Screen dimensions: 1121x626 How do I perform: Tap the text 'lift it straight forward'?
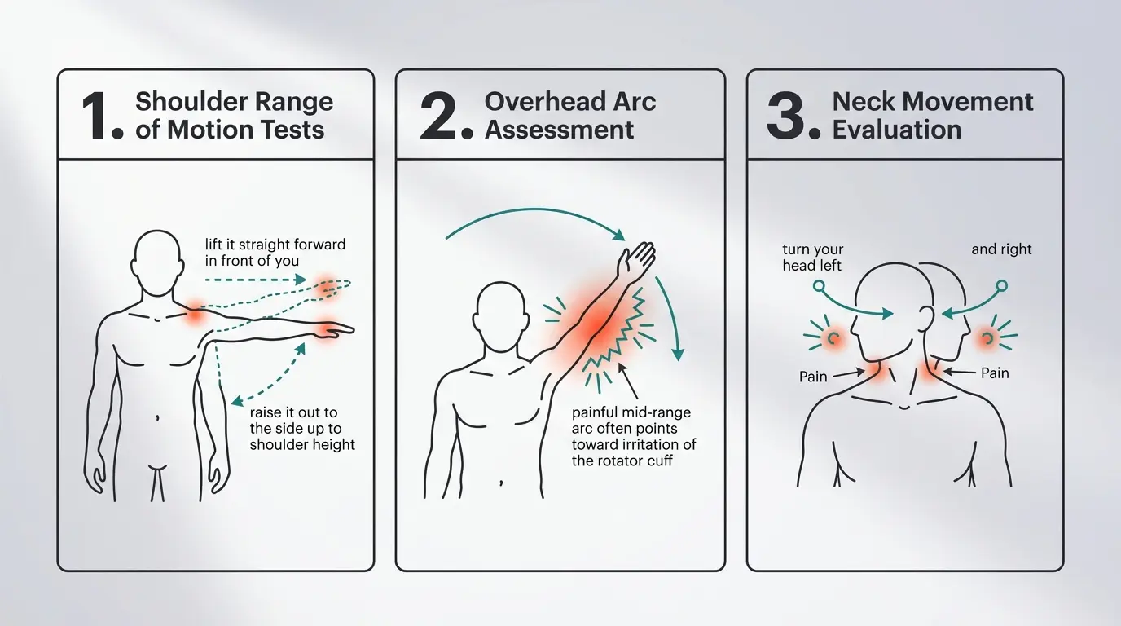pyautogui.click(x=275, y=245)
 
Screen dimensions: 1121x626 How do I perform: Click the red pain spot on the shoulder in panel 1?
pyautogui.click(x=195, y=315)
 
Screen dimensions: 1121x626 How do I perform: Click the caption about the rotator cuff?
pyautogui.click(x=634, y=436)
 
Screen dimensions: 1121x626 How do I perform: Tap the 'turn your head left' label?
pyautogui.click(x=813, y=257)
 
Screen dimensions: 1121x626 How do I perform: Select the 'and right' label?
pyautogui.click(x=1001, y=249)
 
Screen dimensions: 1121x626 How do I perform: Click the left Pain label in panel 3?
pyautogui.click(x=813, y=377)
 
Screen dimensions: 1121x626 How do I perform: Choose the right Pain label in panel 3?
pyautogui.click(x=995, y=373)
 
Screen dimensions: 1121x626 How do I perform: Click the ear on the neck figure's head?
pyautogui.click(x=926, y=318)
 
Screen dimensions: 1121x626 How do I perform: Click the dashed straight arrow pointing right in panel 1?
pyautogui.click(x=255, y=280)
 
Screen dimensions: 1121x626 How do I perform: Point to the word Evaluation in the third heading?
pyautogui.click(x=897, y=130)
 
